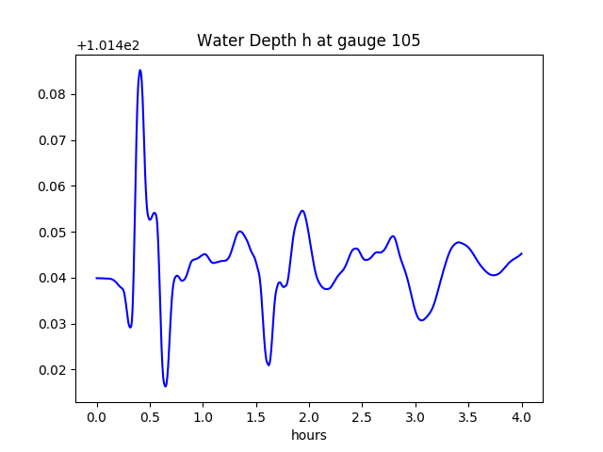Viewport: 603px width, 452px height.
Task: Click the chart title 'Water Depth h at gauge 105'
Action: pyautogui.click(x=308, y=40)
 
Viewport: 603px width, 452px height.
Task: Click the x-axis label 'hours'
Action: pyautogui.click(x=308, y=435)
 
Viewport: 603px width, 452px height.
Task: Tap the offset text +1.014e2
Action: pyautogui.click(x=107, y=45)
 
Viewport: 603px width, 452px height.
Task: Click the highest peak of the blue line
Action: pyautogui.click(x=139, y=70)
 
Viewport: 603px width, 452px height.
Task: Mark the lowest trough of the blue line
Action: pyautogui.click(x=165, y=386)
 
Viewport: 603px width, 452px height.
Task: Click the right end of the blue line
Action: pyautogui.click(x=522, y=253)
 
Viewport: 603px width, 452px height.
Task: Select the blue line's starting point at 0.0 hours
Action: pyautogui.click(x=97, y=278)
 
